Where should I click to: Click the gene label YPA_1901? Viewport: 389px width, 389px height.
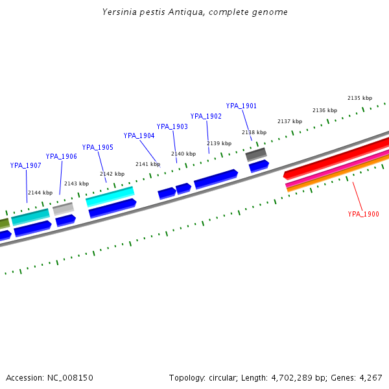(241, 106)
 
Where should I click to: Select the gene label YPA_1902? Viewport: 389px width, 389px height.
(206, 116)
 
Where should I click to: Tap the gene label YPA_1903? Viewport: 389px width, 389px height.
(172, 126)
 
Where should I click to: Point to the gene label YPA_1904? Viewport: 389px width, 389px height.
(139, 136)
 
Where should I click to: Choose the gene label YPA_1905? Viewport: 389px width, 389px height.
(97, 147)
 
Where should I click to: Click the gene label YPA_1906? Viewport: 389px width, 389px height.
(61, 156)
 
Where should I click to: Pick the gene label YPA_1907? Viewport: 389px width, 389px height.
(25, 165)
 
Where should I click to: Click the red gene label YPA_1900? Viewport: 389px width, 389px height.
(363, 214)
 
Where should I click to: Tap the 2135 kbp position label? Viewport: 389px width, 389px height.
(359, 98)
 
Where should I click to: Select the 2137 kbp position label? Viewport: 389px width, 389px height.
(289, 121)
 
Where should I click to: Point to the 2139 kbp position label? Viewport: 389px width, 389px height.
(218, 143)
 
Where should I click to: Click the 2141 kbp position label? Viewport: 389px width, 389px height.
(147, 164)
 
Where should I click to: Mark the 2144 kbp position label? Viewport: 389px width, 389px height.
(40, 193)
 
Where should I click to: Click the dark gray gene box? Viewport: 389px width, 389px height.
(255, 154)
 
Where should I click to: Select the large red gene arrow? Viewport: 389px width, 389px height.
(337, 157)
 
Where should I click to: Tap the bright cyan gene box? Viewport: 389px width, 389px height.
(110, 196)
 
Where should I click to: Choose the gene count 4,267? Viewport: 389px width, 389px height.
(370, 377)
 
